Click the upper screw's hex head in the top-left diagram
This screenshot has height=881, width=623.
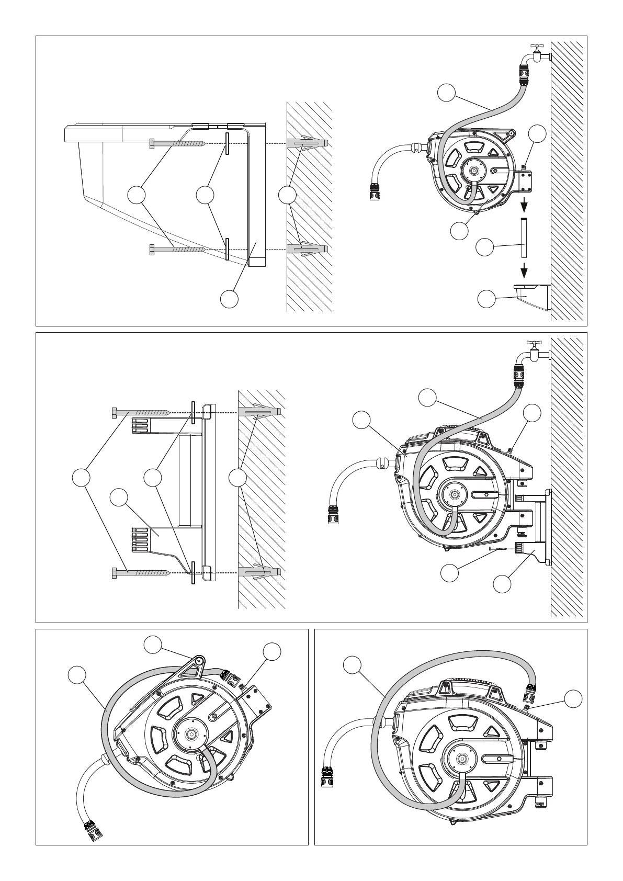pos(152,143)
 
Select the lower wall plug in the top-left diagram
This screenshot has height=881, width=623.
pos(307,249)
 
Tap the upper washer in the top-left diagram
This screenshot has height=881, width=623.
pos(228,143)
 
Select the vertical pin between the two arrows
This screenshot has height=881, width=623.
pos(524,238)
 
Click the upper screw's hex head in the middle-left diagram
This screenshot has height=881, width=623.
pos(115,412)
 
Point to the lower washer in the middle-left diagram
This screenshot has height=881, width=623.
pos(193,573)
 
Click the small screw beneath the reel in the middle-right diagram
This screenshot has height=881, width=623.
pos(501,549)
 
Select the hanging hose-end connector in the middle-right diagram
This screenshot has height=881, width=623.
pos(333,514)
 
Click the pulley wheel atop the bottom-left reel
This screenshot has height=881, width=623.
pos(199,661)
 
